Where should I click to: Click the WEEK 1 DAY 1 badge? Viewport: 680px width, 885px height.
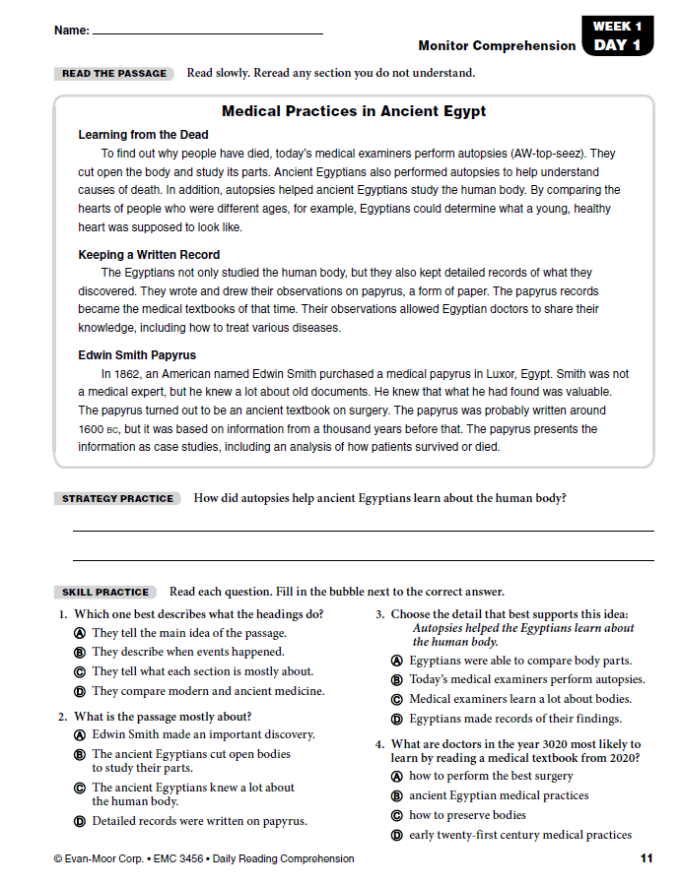coord(618,35)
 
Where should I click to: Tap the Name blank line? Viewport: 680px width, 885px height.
coord(207,33)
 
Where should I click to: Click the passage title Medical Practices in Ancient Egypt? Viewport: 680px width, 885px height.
coord(354,111)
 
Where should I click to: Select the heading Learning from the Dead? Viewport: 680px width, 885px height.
coord(143,135)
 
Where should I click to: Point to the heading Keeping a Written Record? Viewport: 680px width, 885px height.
coord(149,255)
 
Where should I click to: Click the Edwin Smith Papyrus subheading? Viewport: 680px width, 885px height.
coord(137,355)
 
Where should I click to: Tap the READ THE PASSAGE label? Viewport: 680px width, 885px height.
coord(114,74)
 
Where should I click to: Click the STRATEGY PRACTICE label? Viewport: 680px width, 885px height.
coord(117,499)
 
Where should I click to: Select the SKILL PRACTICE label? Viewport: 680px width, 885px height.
coord(105,593)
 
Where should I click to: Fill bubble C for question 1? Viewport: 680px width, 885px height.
coord(80,672)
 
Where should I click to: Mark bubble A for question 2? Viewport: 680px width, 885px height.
coord(80,735)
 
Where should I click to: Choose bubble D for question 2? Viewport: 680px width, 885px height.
coord(80,821)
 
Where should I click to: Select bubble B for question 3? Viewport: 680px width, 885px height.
coord(397,680)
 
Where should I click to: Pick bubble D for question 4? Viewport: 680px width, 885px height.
coord(397,836)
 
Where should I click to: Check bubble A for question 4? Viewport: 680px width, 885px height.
coord(397,777)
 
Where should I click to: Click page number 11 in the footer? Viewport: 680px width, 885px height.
coord(646,859)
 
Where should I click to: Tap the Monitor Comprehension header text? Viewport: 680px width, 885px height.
coord(497,46)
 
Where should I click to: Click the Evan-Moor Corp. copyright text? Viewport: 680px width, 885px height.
coord(203,859)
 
